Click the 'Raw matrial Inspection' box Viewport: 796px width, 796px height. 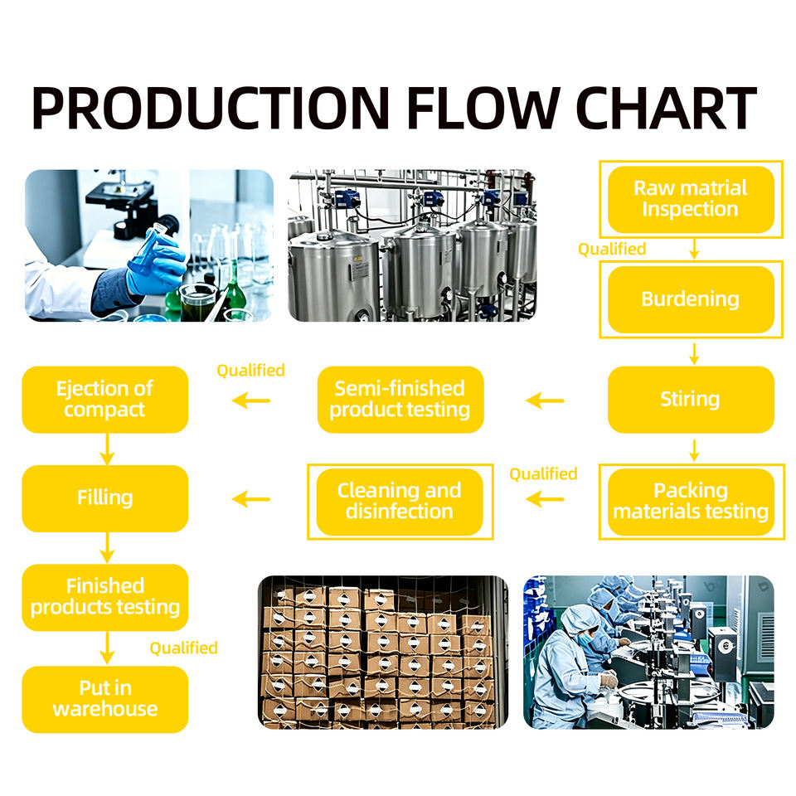[x=691, y=200]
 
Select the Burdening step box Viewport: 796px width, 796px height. [x=691, y=299]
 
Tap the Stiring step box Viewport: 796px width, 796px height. [x=691, y=400]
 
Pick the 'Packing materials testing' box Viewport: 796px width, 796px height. [x=691, y=502]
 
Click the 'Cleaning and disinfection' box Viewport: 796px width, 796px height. [x=400, y=502]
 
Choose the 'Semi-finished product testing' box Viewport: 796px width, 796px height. [x=400, y=400]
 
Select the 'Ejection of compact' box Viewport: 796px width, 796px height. [x=105, y=400]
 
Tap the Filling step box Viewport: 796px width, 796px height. [x=105, y=498]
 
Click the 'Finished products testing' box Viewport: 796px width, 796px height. [x=105, y=598]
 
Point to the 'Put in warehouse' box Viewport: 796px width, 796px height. [x=105, y=699]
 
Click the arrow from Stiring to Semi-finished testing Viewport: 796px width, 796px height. [x=546, y=400]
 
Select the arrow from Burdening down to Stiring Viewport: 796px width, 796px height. [x=694, y=354]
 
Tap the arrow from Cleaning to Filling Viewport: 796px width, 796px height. [x=250, y=499]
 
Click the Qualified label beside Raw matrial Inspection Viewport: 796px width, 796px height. [x=612, y=249]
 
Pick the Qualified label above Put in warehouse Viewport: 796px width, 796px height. [x=184, y=648]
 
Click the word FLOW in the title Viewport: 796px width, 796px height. [x=483, y=108]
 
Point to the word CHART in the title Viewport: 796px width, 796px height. [x=667, y=108]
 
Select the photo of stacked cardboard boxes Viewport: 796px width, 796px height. [x=383, y=653]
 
